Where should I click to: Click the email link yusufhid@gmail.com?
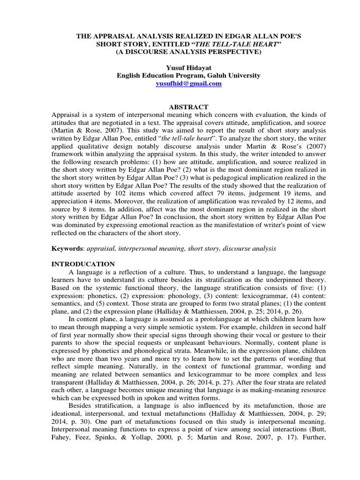(x=182, y=83)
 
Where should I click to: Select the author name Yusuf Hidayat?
(x=182, y=67)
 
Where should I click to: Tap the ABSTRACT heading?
(x=182, y=107)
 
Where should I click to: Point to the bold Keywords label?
(x=67, y=248)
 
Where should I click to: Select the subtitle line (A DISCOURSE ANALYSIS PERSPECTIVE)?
(x=182, y=52)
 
